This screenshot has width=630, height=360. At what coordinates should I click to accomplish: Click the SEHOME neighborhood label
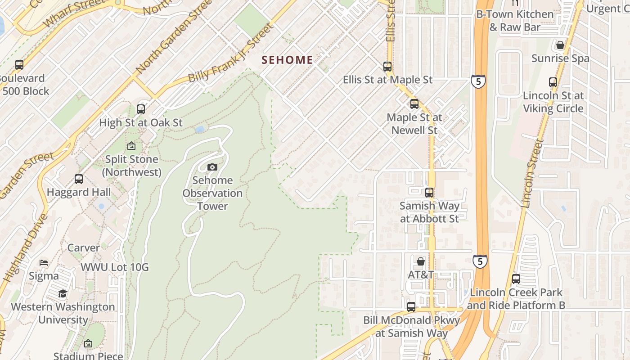pos(287,60)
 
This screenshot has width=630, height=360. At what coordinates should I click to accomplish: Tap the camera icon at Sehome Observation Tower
pos(212,167)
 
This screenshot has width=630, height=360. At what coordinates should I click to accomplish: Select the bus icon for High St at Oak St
pos(141,109)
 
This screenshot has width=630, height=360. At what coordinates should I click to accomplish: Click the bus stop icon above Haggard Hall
pos(79,179)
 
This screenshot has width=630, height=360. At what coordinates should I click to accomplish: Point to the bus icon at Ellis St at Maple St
pos(387,67)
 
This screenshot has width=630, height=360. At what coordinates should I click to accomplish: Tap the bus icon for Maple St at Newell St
pos(414,104)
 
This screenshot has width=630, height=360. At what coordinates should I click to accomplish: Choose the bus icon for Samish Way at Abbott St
pos(429,193)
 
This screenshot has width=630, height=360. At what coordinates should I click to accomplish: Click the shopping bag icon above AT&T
pos(421,261)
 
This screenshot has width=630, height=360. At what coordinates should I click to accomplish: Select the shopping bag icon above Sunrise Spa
pos(560,45)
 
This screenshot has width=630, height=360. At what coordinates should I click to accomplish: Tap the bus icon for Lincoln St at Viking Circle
pos(553,82)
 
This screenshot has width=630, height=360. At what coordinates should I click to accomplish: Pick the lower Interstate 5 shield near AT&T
pos(480,261)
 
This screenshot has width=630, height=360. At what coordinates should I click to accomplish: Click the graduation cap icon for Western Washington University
pos(63,294)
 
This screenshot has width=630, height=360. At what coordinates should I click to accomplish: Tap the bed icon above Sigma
pos(44,263)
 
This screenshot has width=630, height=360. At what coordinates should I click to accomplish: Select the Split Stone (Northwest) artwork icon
pos(131,146)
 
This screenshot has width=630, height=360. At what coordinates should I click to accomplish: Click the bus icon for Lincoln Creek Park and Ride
pos(516,279)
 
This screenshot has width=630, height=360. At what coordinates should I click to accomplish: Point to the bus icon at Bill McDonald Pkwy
pos(411,307)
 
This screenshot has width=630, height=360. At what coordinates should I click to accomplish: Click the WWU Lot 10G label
pos(114,267)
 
